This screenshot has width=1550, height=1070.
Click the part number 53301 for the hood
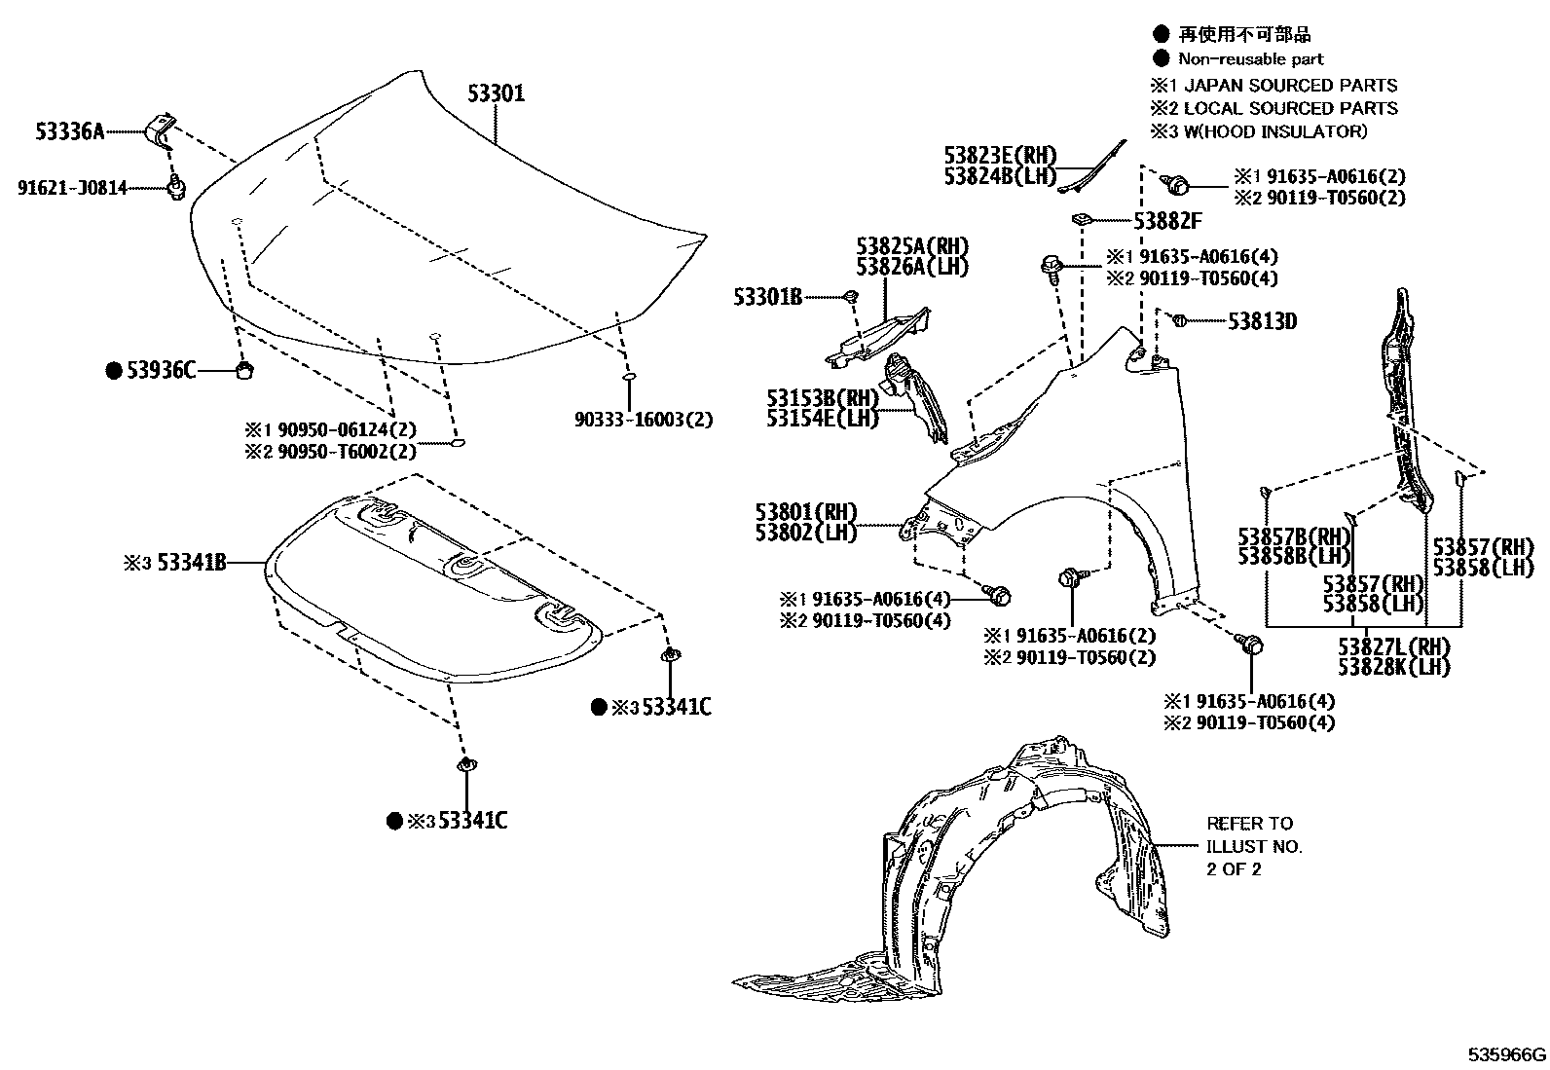(x=496, y=94)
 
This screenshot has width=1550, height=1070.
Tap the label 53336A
(x=70, y=131)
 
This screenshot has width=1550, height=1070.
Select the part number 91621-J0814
(x=72, y=188)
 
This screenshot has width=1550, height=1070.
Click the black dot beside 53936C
(x=114, y=370)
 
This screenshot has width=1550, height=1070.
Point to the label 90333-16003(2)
(x=644, y=420)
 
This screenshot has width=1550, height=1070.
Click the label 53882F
(x=1166, y=222)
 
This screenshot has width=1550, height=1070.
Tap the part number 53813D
(x=1262, y=320)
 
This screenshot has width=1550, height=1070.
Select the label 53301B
(x=768, y=296)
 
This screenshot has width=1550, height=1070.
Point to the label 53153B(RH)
(x=822, y=398)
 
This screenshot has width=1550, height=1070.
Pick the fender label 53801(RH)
(x=805, y=512)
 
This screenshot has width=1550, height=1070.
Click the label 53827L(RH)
(x=1393, y=647)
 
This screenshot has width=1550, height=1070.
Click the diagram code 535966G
(x=1507, y=1055)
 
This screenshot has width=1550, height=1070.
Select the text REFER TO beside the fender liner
(x=1249, y=824)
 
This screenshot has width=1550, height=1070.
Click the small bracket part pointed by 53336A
(x=161, y=128)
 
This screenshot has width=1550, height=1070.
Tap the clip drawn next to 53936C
(x=245, y=369)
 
